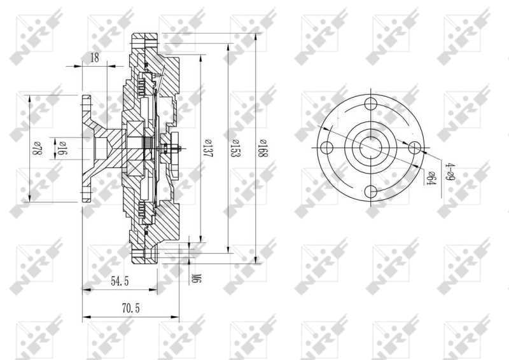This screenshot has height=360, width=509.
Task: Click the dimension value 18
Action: [95, 58]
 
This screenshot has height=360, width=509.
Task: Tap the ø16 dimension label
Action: [63, 148]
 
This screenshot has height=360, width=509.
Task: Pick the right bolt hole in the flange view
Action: [414, 148]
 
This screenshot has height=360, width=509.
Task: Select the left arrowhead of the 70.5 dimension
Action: [85, 317]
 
